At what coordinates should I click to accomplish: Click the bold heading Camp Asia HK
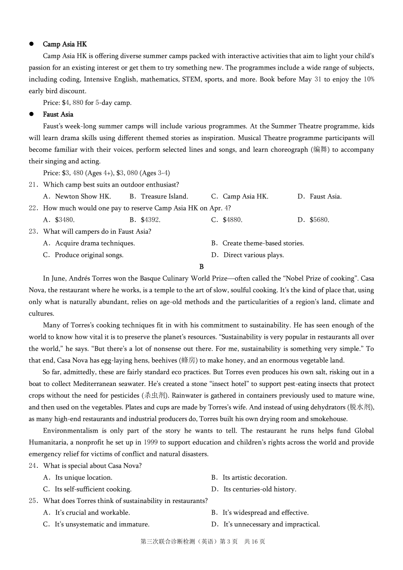(64, 44)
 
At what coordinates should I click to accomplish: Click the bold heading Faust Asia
(58, 115)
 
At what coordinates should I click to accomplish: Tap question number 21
(34, 184)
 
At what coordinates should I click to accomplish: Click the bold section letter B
(201, 267)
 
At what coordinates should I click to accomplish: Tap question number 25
(34, 501)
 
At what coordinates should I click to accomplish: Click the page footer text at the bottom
(202, 542)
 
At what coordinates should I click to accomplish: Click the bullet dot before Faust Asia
(31, 114)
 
